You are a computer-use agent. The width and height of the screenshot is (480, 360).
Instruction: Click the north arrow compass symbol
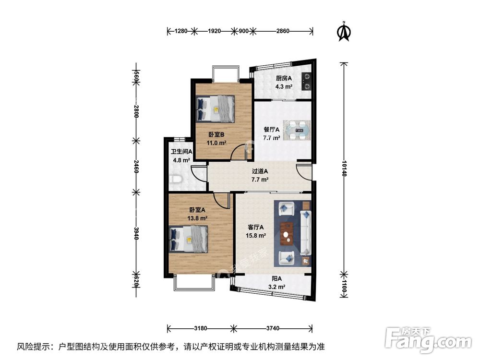(344, 31)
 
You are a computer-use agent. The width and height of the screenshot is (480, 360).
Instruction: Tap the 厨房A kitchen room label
(284, 79)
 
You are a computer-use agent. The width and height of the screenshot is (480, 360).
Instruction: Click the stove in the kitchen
(306, 82)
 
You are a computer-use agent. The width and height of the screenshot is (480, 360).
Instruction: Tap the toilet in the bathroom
(176, 179)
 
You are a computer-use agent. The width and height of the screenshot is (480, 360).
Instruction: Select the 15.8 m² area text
(256, 236)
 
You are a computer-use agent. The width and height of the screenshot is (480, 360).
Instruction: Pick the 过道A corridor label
(260, 171)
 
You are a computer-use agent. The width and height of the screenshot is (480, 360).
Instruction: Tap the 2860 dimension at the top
(283, 31)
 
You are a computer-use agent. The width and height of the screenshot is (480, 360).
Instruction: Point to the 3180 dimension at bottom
(200, 329)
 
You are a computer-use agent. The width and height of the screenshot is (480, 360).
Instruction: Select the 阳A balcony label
(277, 279)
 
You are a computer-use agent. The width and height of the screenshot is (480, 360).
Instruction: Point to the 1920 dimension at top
(214, 31)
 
